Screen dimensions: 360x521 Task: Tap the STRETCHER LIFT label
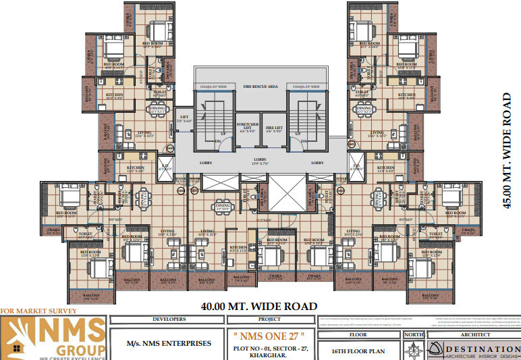246,127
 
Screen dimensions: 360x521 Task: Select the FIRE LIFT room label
273,128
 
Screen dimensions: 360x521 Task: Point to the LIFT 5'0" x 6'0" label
184,119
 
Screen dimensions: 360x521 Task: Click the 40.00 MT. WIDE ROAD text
259,306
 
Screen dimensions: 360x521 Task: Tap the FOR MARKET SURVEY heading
39,311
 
